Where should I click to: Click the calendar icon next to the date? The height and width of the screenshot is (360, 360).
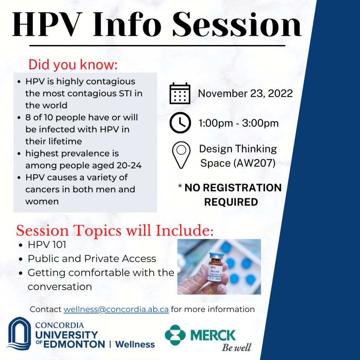tap(180, 94)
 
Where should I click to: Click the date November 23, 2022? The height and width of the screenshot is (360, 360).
tap(245, 94)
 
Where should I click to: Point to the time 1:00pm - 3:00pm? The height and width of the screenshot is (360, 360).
tap(238, 123)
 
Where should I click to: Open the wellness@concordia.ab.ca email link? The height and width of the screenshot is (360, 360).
tap(116, 309)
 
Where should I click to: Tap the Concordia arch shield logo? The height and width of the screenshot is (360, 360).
tap(19, 334)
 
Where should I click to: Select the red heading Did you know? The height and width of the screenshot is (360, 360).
tap(73, 65)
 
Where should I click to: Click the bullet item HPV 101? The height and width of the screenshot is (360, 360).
tap(47, 245)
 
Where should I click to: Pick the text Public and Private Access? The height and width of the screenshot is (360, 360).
tap(92, 259)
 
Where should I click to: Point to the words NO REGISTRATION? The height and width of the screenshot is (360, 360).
tap(233, 188)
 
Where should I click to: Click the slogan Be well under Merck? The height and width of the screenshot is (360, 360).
tap(236, 347)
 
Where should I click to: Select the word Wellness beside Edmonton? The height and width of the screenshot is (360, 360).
tap(135, 344)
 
